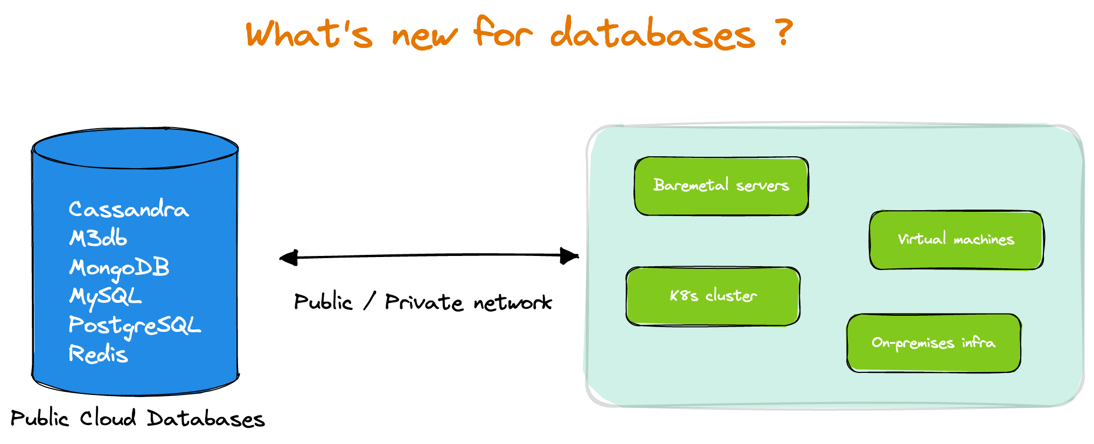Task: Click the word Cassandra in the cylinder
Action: [128, 209]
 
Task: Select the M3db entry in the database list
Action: [98, 238]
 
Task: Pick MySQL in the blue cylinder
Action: [106, 296]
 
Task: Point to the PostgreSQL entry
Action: [135, 325]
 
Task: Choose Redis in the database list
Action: [98, 354]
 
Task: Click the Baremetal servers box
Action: [721, 186]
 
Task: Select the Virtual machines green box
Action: [956, 240]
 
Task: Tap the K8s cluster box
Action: [713, 296]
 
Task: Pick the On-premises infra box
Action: [933, 343]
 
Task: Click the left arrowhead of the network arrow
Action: [289, 258]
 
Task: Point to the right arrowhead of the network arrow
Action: [569, 256]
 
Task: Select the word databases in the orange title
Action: [652, 33]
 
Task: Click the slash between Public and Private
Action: [369, 301]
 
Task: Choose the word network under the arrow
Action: [513, 303]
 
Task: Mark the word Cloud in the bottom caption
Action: [108, 418]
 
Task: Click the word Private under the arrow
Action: [423, 302]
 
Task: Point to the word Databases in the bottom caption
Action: [206, 419]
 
